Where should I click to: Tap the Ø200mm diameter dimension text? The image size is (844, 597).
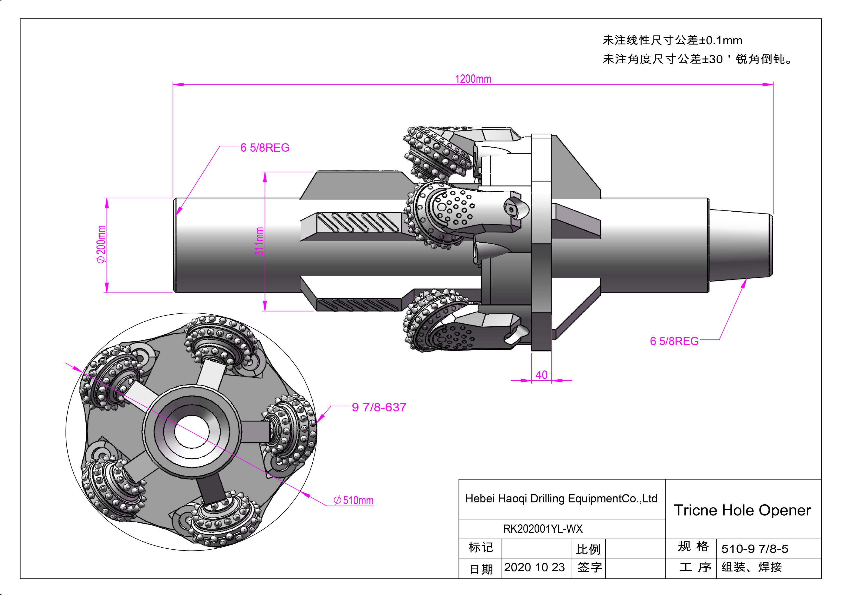[x=101, y=245]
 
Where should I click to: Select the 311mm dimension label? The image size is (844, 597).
[x=259, y=241]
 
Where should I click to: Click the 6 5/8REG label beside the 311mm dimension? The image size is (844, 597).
[x=265, y=148]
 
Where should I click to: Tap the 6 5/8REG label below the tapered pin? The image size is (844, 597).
[x=674, y=341]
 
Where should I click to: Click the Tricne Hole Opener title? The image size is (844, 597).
[x=742, y=510]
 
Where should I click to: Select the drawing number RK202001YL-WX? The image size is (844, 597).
[x=542, y=529]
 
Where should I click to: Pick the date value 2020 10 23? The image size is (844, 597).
[x=534, y=567]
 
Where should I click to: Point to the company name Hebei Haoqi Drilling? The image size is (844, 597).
[x=561, y=499]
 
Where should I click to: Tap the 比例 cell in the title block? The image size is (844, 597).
[x=588, y=549]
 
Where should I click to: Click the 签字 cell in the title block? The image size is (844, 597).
[x=589, y=567]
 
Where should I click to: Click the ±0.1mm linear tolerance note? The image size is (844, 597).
[x=672, y=40]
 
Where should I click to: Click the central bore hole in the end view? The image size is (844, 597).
[x=192, y=432]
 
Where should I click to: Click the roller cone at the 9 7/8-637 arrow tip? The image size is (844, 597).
[x=294, y=430]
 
